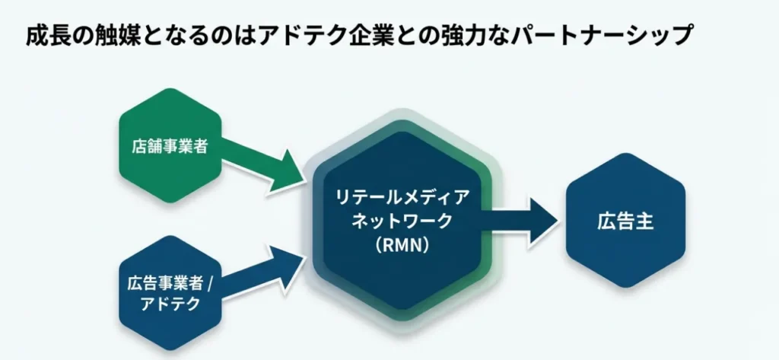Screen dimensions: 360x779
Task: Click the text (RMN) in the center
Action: click(402, 245)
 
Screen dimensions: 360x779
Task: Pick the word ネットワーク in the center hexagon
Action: click(402, 221)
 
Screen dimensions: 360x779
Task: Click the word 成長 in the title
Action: click(44, 36)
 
